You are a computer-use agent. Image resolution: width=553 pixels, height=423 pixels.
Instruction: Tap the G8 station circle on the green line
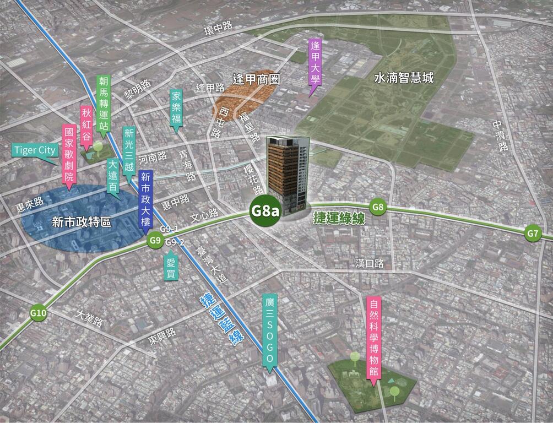pyautogui.click(x=378, y=207)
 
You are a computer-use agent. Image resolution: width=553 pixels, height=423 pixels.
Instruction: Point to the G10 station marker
pyautogui.click(x=39, y=314)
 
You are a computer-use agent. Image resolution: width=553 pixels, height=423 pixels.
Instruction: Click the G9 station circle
pyautogui.click(x=155, y=240)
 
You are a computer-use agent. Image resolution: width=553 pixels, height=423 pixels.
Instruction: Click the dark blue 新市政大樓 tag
pyautogui.click(x=145, y=198)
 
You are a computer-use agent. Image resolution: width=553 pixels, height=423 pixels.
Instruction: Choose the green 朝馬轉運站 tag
pyautogui.click(x=103, y=105)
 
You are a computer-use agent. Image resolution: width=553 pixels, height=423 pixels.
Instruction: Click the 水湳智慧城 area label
pyautogui.click(x=404, y=78)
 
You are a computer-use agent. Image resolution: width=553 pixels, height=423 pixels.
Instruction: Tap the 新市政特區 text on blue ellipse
pyautogui.click(x=81, y=222)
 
